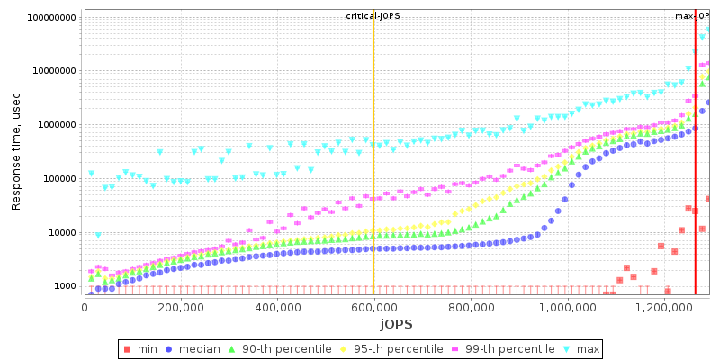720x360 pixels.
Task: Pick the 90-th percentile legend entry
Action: click(x=289, y=348)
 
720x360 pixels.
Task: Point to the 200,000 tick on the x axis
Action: click(x=181, y=307)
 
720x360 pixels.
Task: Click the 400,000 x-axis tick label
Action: click(x=277, y=307)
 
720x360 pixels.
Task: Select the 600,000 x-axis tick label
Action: click(x=373, y=307)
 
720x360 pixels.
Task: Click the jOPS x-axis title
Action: click(x=395, y=323)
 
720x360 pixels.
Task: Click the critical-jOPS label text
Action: click(x=373, y=16)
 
